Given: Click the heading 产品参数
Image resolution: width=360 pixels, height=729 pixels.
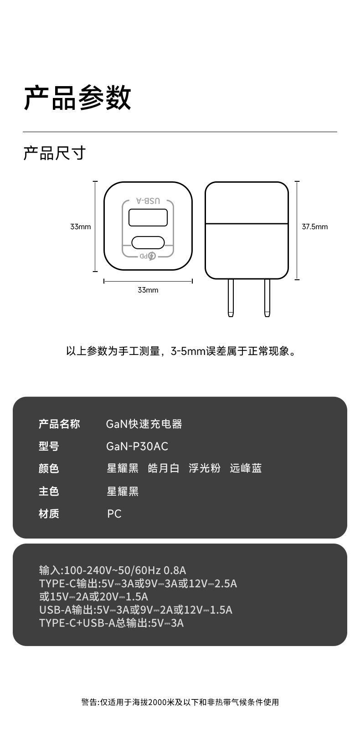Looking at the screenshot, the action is click(77, 98).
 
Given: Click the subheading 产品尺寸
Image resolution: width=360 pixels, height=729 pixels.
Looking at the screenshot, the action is click(54, 153).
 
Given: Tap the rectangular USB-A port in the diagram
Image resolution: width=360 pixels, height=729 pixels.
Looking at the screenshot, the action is click(148, 217).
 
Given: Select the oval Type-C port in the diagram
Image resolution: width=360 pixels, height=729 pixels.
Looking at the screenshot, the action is click(148, 242).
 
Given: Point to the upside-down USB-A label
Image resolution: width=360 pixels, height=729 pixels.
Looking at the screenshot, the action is click(148, 201).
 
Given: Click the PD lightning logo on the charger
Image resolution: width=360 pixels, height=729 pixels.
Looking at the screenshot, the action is click(151, 256).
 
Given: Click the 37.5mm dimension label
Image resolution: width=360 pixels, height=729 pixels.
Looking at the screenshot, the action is click(314, 226).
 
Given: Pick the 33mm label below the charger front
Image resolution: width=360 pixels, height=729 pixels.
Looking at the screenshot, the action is click(148, 290).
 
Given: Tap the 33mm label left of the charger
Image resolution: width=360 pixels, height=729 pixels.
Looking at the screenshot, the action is click(80, 226).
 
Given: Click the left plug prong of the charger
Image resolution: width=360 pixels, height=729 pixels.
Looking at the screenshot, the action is click(231, 298).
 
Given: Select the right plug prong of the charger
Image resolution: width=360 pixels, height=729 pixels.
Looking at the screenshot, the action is click(267, 298).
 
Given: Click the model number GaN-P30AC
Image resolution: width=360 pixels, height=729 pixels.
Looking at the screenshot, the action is click(137, 447).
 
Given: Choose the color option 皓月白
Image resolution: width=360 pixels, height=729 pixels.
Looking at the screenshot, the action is click(164, 468).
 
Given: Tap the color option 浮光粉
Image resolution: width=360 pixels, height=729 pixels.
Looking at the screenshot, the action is click(205, 468).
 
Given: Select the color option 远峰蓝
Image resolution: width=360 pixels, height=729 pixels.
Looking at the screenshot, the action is click(246, 468).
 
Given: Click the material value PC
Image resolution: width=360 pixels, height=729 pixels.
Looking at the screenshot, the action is click(114, 514).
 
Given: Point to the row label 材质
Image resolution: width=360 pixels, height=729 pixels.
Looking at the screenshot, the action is click(49, 514).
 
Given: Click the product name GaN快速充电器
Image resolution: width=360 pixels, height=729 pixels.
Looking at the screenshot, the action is click(144, 424).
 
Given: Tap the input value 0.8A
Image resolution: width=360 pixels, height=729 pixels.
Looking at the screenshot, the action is click(175, 570).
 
